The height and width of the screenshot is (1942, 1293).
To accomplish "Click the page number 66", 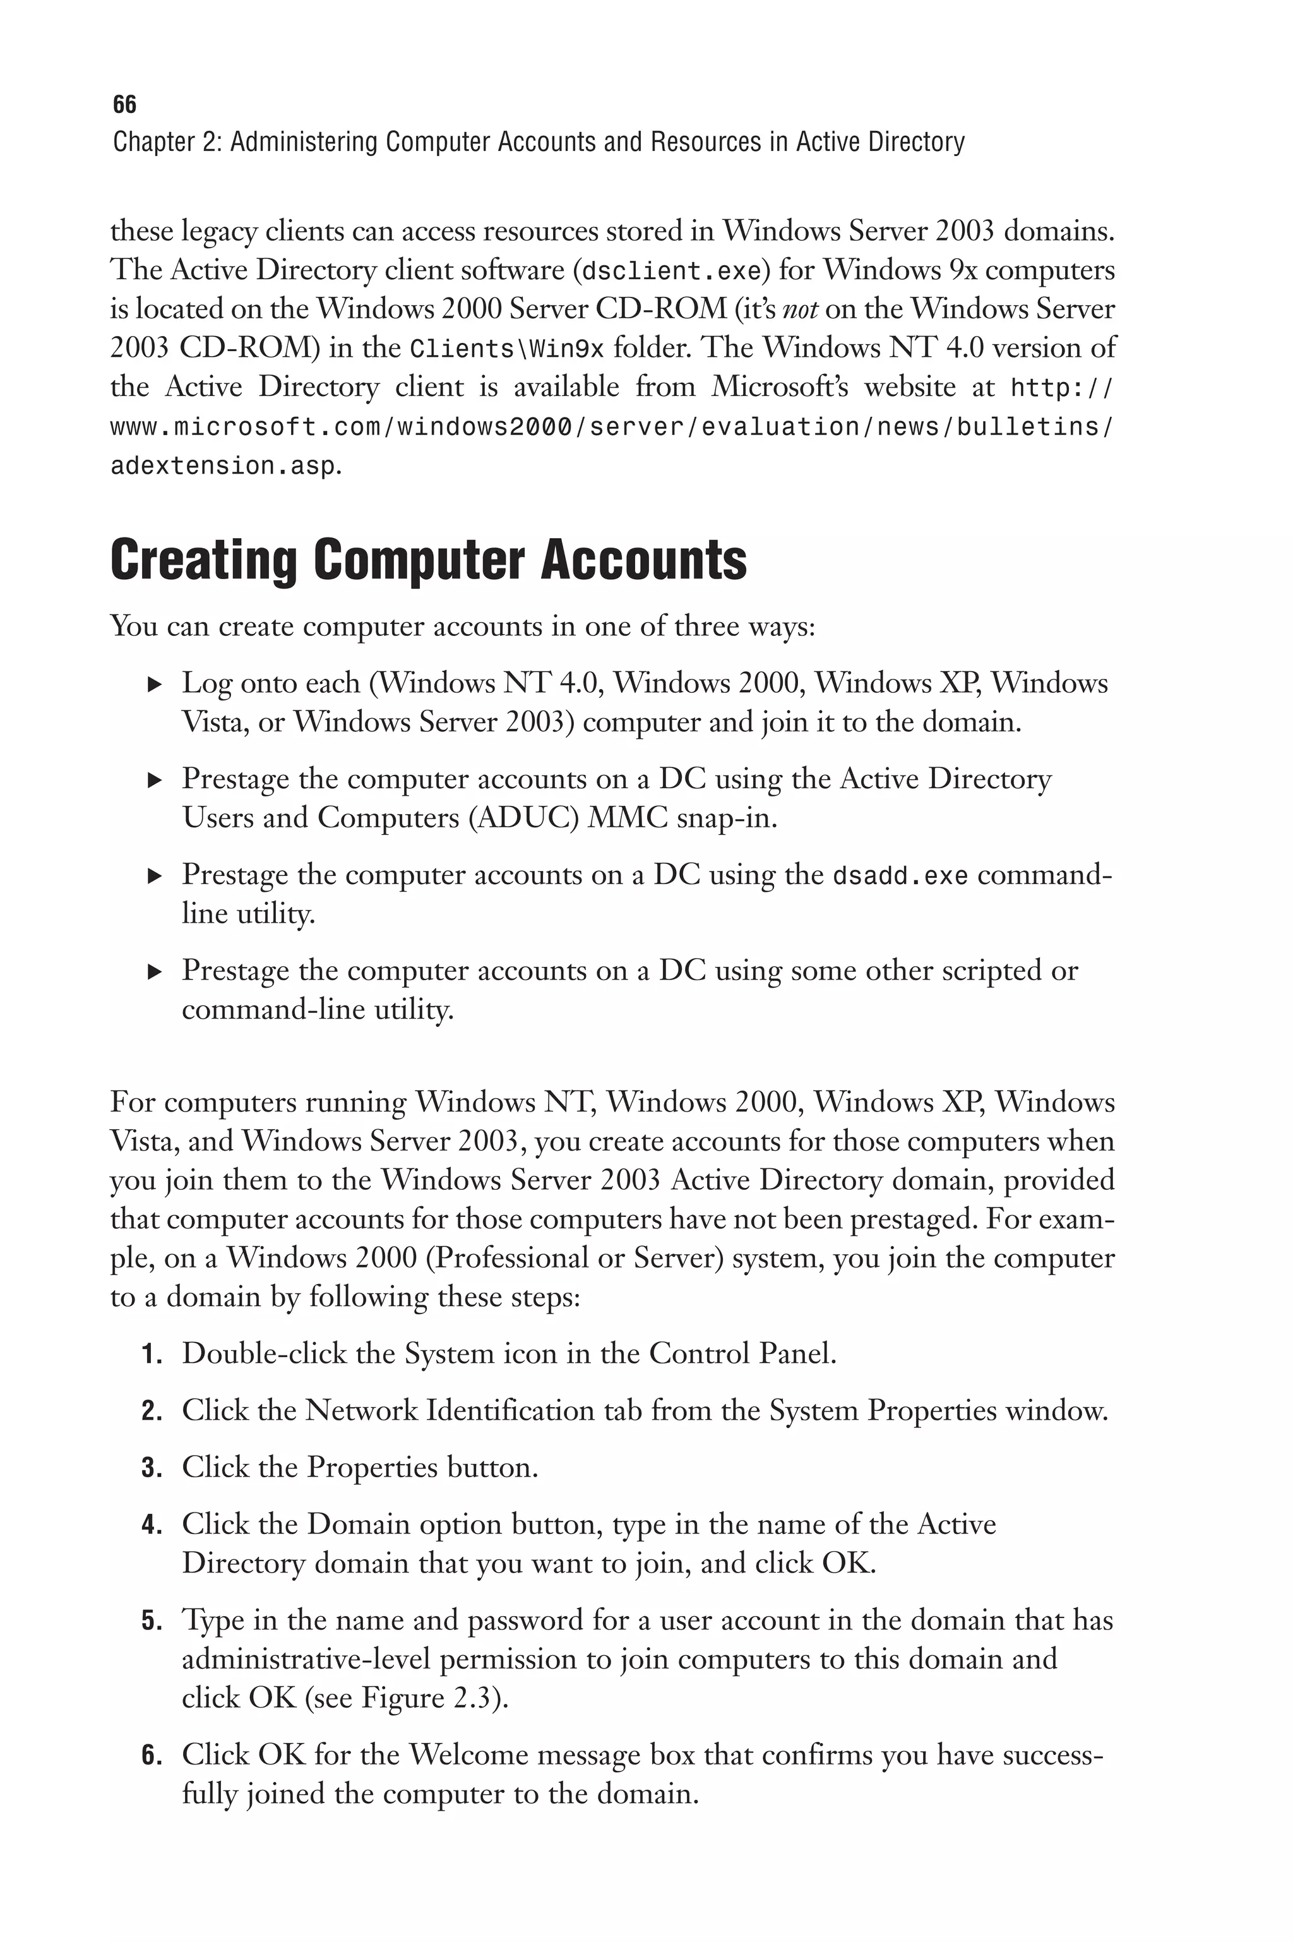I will point(124,105).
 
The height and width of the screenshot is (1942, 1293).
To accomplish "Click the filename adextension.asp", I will point(223,467).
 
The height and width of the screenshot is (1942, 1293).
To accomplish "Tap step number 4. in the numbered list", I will point(152,1526).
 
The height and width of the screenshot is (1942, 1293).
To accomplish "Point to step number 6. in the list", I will point(152,1756).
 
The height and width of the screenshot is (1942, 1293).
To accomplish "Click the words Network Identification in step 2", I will point(450,1411).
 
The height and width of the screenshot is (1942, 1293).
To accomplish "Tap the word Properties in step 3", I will point(372,1468).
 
